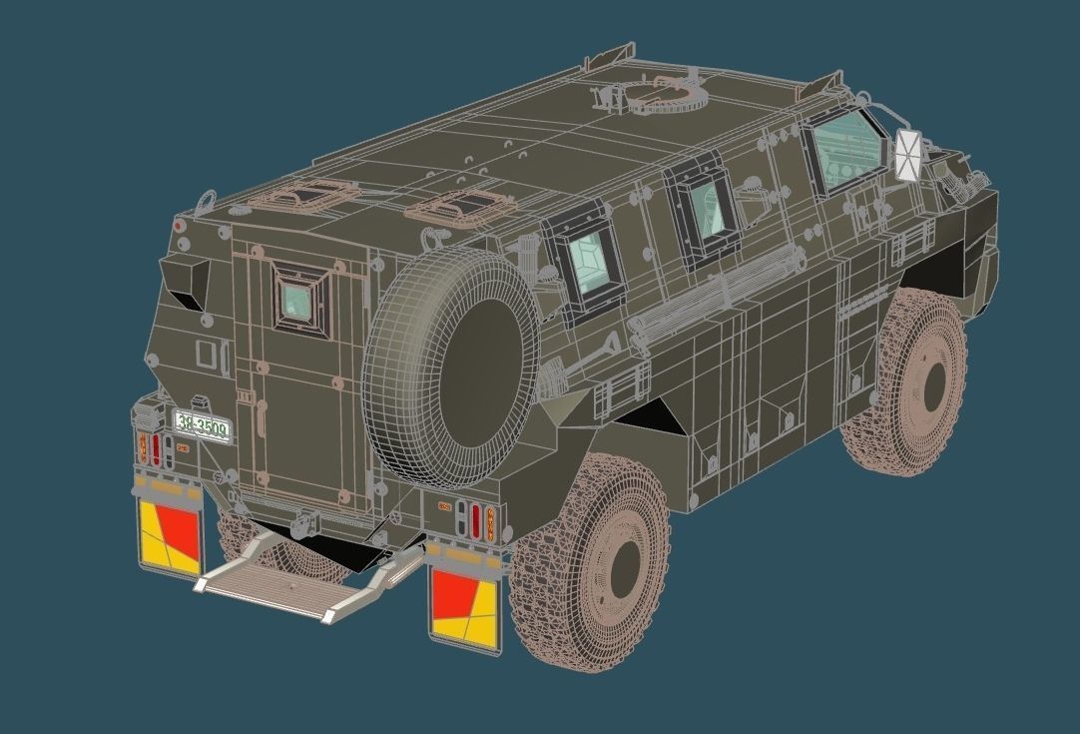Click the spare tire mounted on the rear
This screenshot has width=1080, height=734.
coord(451,367)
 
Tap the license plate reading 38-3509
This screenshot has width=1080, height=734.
coord(202,426)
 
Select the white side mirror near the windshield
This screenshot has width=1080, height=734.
coord(907,156)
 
